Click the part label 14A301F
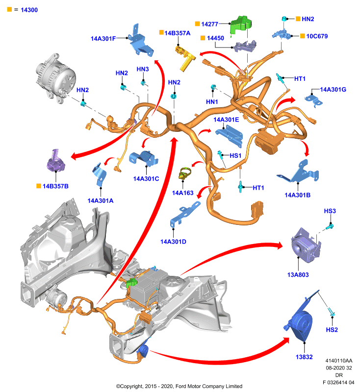coord(103,39)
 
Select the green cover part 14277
coord(240,25)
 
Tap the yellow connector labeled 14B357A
coord(185,58)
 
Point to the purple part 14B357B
coord(56,161)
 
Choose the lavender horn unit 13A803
coord(306,245)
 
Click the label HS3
coord(330,211)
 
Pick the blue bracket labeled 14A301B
coord(299,172)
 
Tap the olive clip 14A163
coord(185,173)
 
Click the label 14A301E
coord(226,120)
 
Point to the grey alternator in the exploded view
coord(55,77)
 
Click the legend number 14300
coord(29,10)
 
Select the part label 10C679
coord(317,36)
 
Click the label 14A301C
coord(146,179)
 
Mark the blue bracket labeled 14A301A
coord(100,174)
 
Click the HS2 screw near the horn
coord(331,312)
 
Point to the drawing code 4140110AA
coord(339,361)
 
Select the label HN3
coord(143,69)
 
